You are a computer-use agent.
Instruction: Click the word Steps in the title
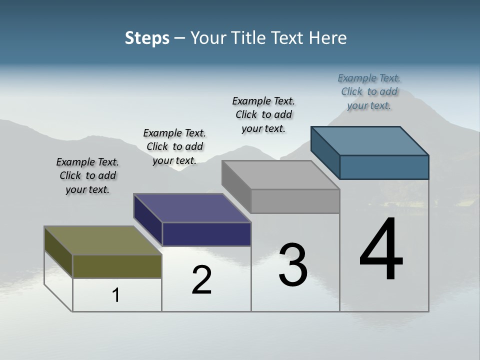click(x=147, y=38)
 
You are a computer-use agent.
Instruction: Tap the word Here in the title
click(x=328, y=38)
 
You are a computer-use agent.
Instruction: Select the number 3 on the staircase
click(x=293, y=265)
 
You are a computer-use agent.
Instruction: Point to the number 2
click(x=201, y=280)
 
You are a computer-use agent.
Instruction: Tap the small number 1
click(x=116, y=295)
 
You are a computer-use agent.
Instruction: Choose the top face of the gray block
click(x=280, y=175)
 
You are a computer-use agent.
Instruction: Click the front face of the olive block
click(x=117, y=266)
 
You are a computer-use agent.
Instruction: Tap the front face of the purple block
click(x=206, y=234)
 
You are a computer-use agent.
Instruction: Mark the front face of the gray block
click(x=295, y=201)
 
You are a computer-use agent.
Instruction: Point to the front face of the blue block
click(x=384, y=167)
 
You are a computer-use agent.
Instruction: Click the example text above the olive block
click(x=88, y=175)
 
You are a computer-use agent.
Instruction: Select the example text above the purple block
click(x=174, y=146)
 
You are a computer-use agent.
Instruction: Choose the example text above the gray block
click(x=263, y=114)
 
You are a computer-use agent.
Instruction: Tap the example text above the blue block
click(x=369, y=91)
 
